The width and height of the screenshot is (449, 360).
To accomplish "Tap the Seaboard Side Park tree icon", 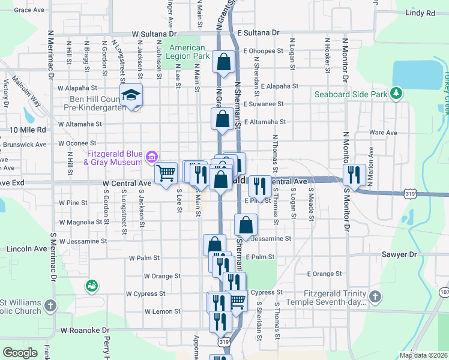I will click(x=396, y=94).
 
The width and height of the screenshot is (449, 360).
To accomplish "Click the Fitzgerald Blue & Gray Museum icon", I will click(x=152, y=157).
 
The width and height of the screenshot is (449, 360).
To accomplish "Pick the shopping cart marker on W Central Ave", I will click(x=166, y=173).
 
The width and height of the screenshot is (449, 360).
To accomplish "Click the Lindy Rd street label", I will click(x=420, y=13).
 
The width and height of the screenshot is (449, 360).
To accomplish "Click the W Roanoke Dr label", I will click(x=85, y=330).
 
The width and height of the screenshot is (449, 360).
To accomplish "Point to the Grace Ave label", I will click(x=29, y=10).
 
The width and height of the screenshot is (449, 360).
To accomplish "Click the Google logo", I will click(x=20, y=353).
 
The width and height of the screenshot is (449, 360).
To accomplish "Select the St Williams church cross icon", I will click(x=50, y=305).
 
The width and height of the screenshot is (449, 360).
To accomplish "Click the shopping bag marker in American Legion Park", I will click(x=224, y=62).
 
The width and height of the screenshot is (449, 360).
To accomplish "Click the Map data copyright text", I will click(x=423, y=355).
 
